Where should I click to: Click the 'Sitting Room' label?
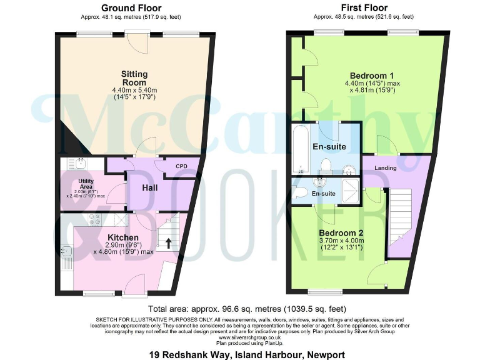[134, 78]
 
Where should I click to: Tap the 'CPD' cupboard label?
[181, 166]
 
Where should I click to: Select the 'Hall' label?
[149, 187]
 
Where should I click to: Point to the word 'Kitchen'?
[122, 237]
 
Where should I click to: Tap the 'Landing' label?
[386, 168]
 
